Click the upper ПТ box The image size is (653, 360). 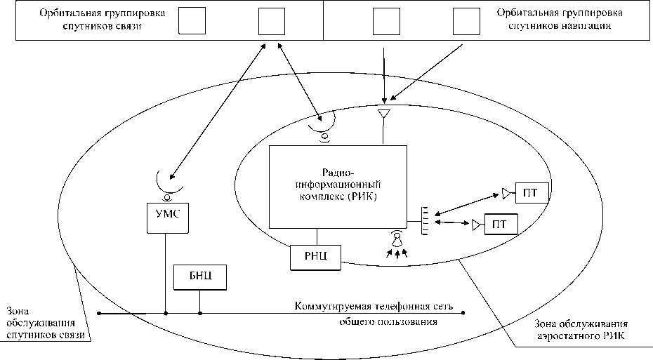pos(531,191)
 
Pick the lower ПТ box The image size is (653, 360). pos(501,225)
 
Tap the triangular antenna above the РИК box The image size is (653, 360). pos(383,114)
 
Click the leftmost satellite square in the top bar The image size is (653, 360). pos(191,21)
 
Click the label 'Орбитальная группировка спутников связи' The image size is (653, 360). pos(94,20)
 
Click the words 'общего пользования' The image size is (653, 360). pos(384,322)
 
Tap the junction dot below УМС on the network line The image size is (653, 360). pos(166,313)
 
